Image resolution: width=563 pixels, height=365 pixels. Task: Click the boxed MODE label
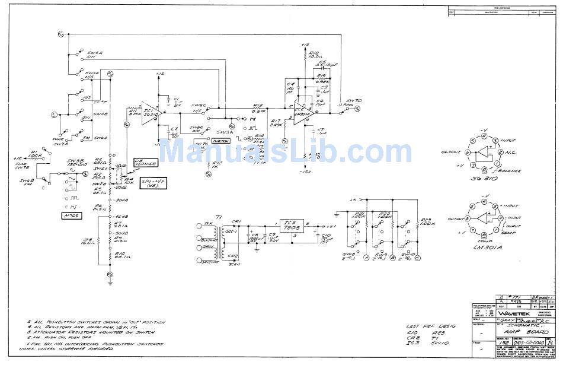(70, 215)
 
